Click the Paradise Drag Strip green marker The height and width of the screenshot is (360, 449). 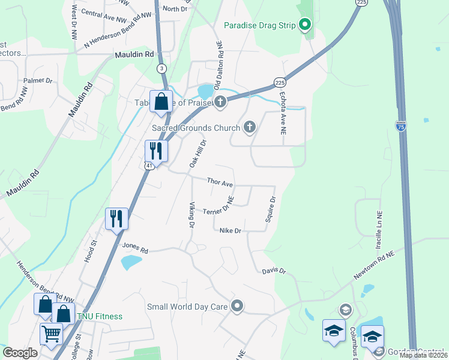[305, 25]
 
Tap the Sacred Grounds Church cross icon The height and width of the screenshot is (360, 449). [250, 127]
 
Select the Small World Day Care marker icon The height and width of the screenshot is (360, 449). [237, 307]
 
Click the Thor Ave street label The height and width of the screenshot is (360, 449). [220, 181]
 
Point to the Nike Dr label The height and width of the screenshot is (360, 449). [230, 230]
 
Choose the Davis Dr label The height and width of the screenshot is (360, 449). [274, 271]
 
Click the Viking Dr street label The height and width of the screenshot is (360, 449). [191, 215]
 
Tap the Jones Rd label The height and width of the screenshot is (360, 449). [134, 247]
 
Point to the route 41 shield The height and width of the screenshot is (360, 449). [149, 166]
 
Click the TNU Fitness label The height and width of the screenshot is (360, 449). [100, 316]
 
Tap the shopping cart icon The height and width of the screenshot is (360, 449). [51, 333]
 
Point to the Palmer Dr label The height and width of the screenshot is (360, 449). [38, 80]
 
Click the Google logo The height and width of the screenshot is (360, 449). [20, 353]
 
